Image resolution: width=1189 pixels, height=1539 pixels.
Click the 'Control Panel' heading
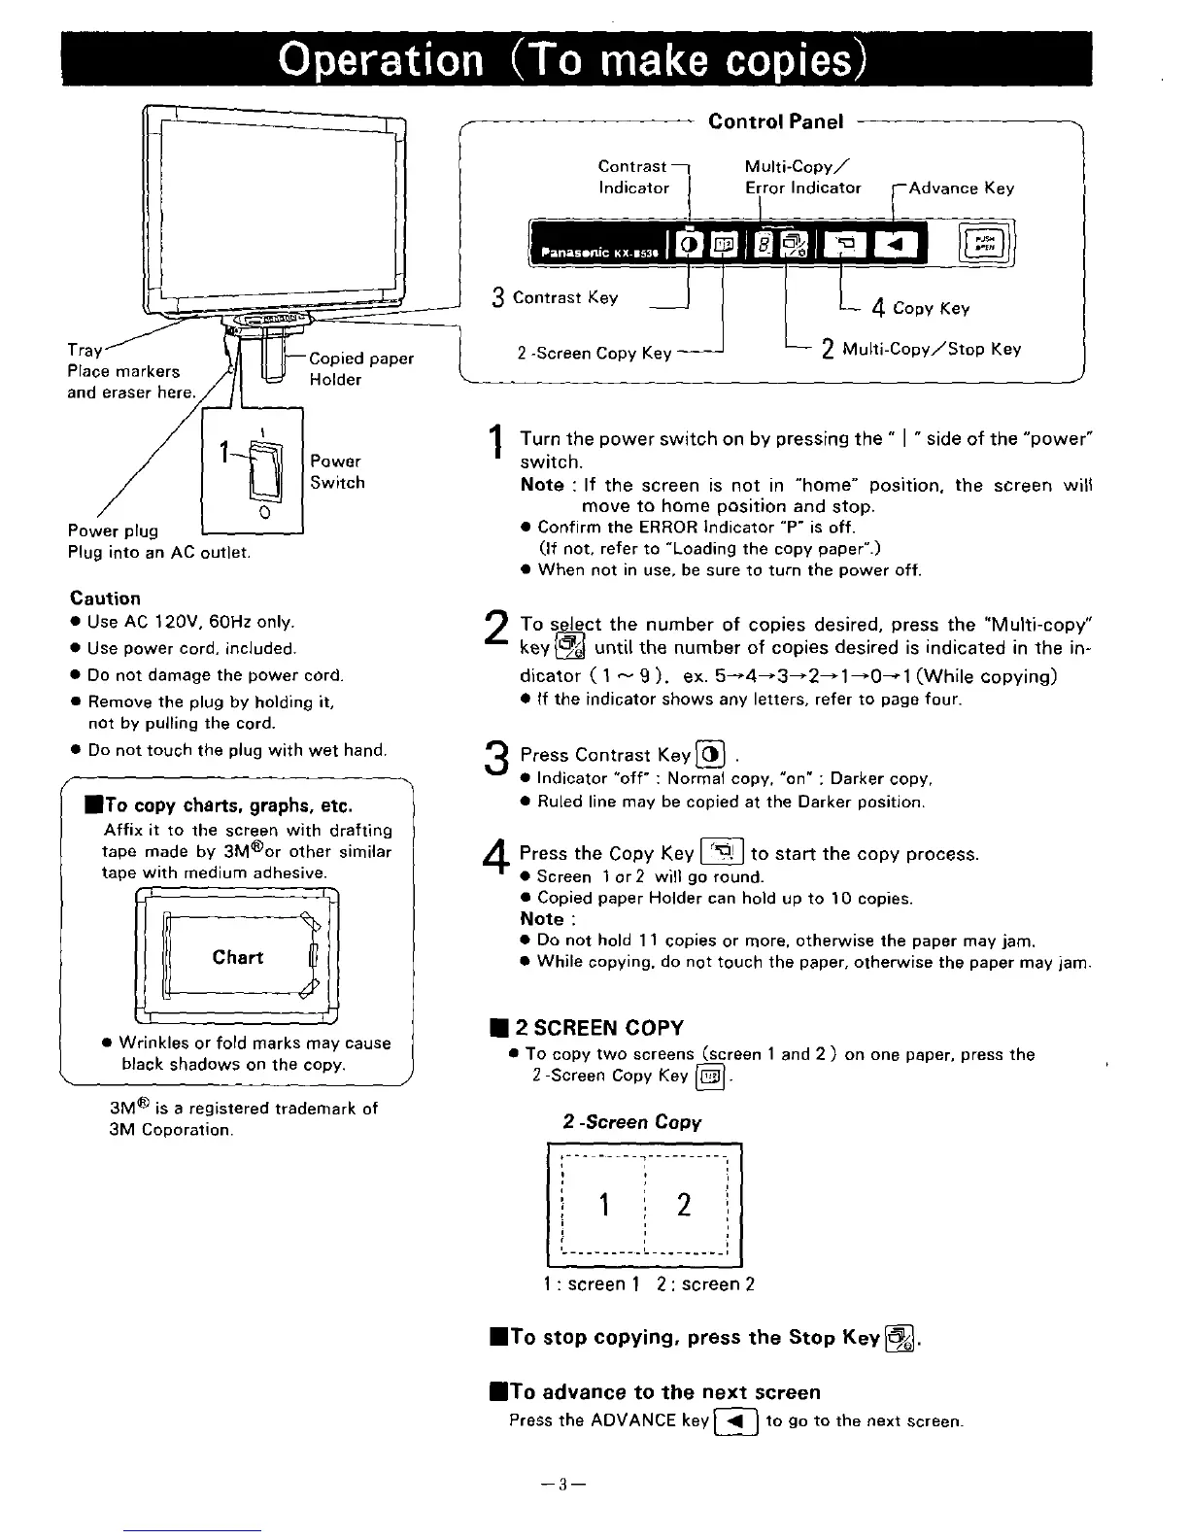pyautogui.click(x=776, y=121)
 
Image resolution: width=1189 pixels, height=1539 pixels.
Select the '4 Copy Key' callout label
pyautogui.click(x=920, y=308)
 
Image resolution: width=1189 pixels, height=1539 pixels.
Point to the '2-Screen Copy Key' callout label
pyautogui.click(x=594, y=353)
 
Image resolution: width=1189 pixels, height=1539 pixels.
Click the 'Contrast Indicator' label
pyautogui.click(x=633, y=177)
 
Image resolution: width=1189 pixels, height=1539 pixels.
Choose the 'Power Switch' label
pyautogui.click(x=337, y=471)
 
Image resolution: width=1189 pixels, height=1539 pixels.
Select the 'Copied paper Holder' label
pyautogui.click(x=360, y=368)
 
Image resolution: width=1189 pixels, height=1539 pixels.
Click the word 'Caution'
pyautogui.click(x=105, y=598)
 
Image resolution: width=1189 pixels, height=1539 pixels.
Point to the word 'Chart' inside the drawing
pyautogui.click(x=238, y=957)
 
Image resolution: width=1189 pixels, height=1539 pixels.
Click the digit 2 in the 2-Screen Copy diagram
pyautogui.click(x=684, y=1205)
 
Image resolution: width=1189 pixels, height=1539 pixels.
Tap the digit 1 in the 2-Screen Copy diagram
pyautogui.click(x=604, y=1205)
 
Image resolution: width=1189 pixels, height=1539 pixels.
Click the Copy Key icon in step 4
pyautogui.click(x=722, y=853)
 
